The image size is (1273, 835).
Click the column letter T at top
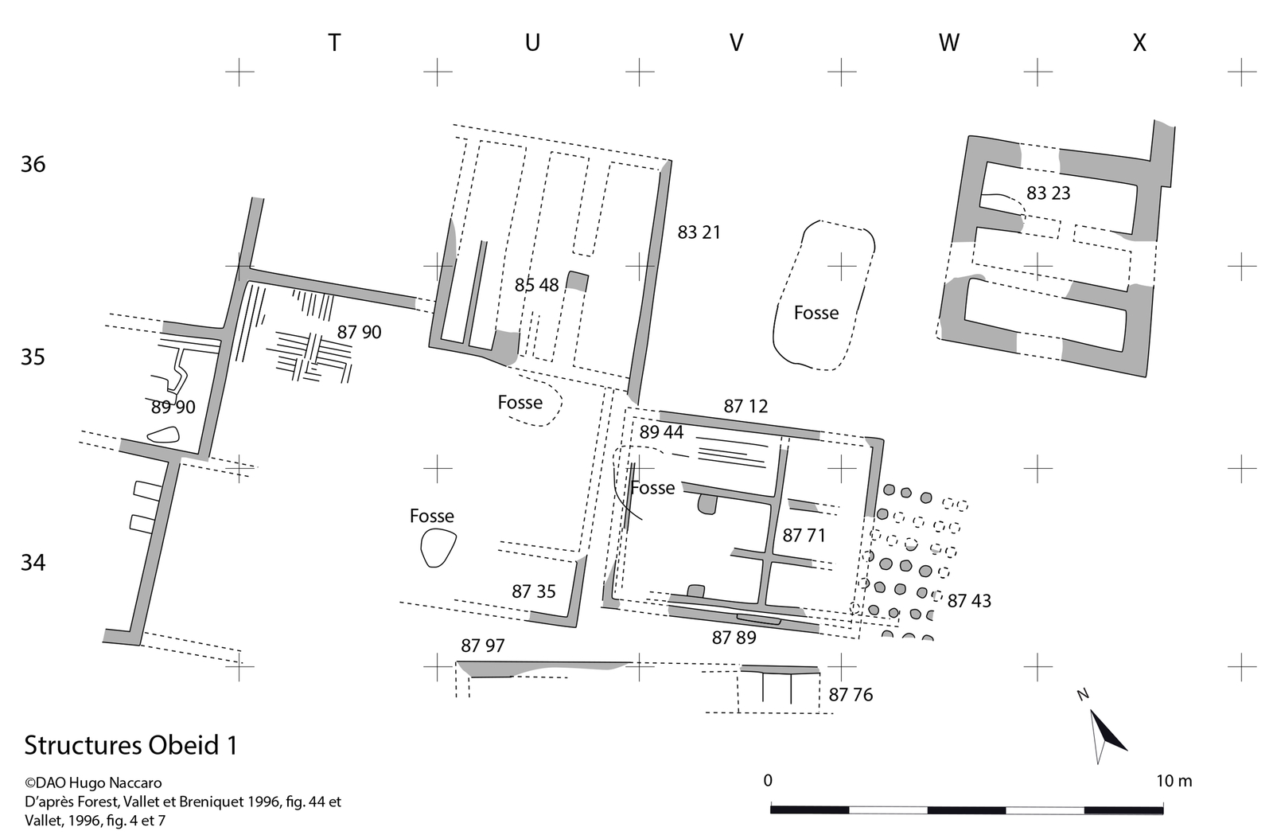click(334, 43)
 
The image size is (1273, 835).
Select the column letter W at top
click(948, 43)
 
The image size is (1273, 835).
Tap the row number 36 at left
click(33, 165)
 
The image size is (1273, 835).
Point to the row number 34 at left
click(33, 564)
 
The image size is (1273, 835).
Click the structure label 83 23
click(1048, 193)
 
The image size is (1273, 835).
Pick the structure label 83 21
click(699, 232)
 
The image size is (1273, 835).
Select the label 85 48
click(536, 285)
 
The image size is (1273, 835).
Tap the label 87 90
click(359, 332)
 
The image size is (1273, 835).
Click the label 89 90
click(173, 408)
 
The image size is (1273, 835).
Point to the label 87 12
click(746, 407)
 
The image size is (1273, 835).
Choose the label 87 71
click(804, 536)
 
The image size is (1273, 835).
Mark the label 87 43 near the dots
click(969, 601)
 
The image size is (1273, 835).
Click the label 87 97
click(482, 646)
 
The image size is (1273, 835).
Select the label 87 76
click(851, 695)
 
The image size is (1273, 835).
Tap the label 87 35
click(533, 591)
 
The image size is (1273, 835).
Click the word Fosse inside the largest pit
click(816, 313)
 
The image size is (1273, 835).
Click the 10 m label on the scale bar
click(1174, 781)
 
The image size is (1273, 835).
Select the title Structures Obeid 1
click(130, 746)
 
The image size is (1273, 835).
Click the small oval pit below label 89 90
click(163, 435)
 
